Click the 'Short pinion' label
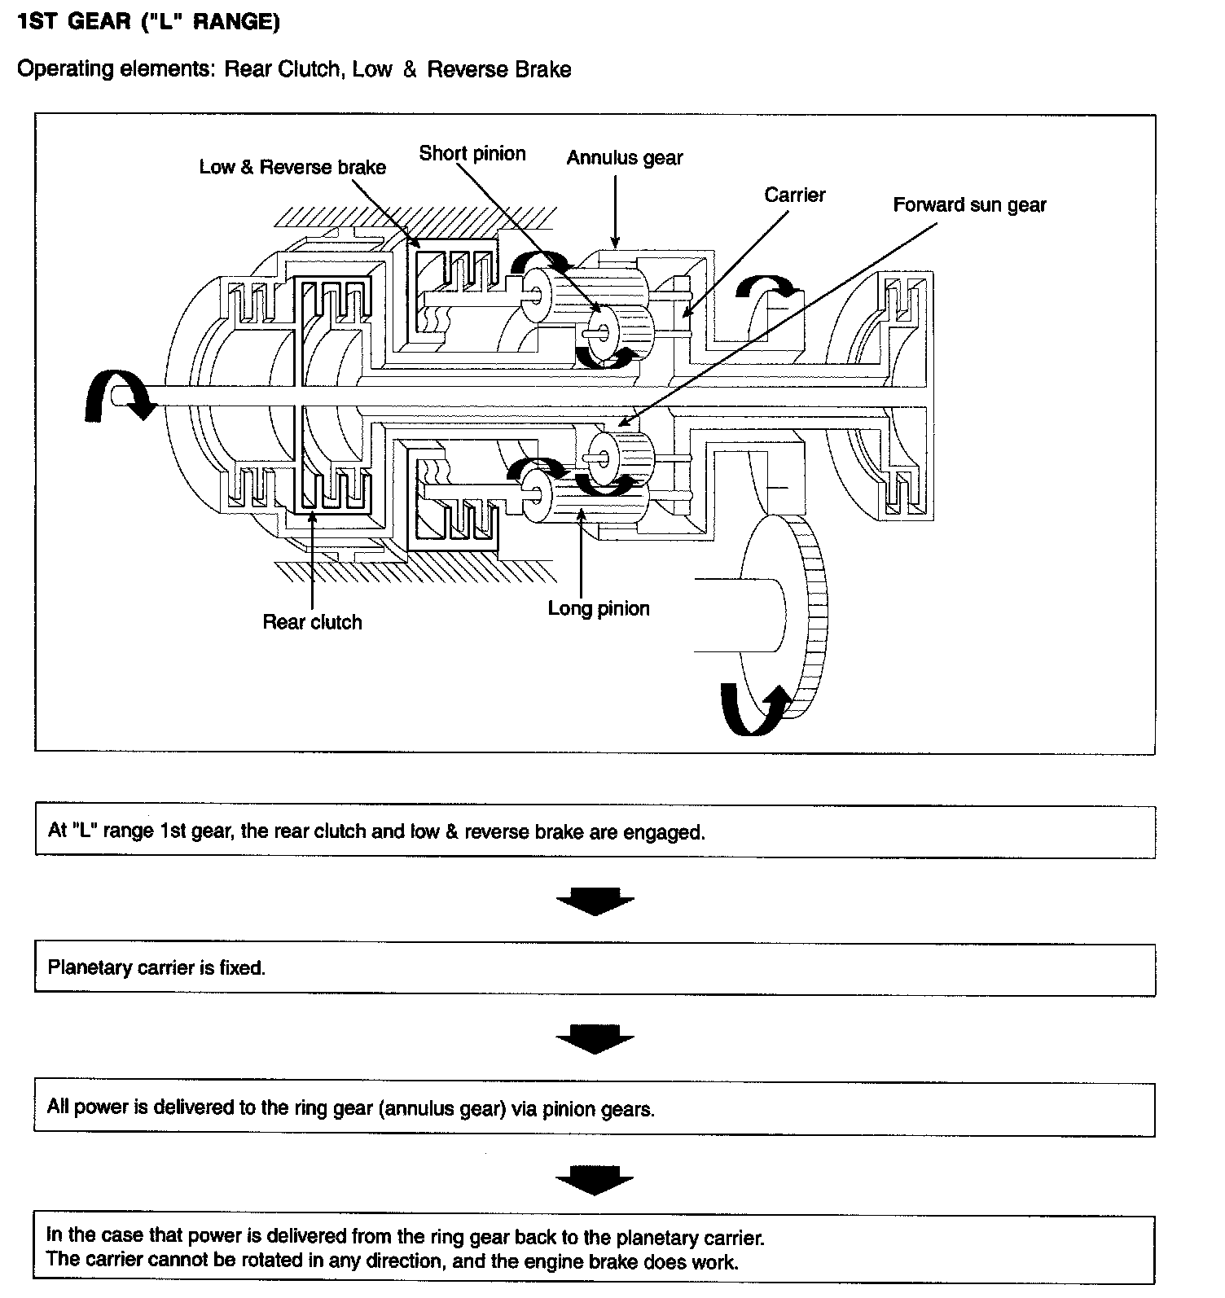472,153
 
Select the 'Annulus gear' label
625,158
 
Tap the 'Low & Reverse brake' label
292,167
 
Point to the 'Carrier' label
794,195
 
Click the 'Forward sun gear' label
969,204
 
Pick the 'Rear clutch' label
312,622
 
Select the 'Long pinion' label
599,608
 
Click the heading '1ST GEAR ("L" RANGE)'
148,22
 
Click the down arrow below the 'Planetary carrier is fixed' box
595,1038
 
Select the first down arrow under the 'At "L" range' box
595,901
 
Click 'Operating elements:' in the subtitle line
116,69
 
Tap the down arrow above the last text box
595,1179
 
